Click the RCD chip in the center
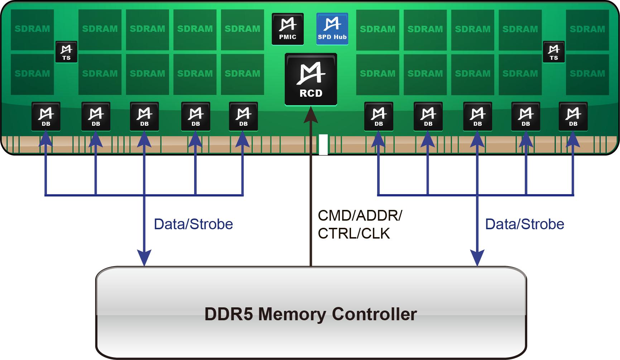[311, 80]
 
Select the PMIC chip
[288, 29]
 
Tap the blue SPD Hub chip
[332, 29]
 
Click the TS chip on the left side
[66, 52]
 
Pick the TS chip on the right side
[554, 52]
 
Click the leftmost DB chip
[46, 116]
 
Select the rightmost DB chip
[573, 116]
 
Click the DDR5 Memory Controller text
[311, 314]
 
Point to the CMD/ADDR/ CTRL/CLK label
[360, 225]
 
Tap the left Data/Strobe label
[193, 224]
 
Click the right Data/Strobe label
[525, 224]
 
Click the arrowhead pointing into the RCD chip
[311, 115]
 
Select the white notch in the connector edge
[323, 145]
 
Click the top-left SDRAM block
[32, 30]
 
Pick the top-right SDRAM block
[587, 30]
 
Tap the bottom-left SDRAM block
[32, 74]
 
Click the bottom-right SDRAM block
[587, 74]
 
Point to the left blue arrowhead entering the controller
[144, 258]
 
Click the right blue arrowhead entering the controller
[477, 258]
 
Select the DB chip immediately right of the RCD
[379, 116]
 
